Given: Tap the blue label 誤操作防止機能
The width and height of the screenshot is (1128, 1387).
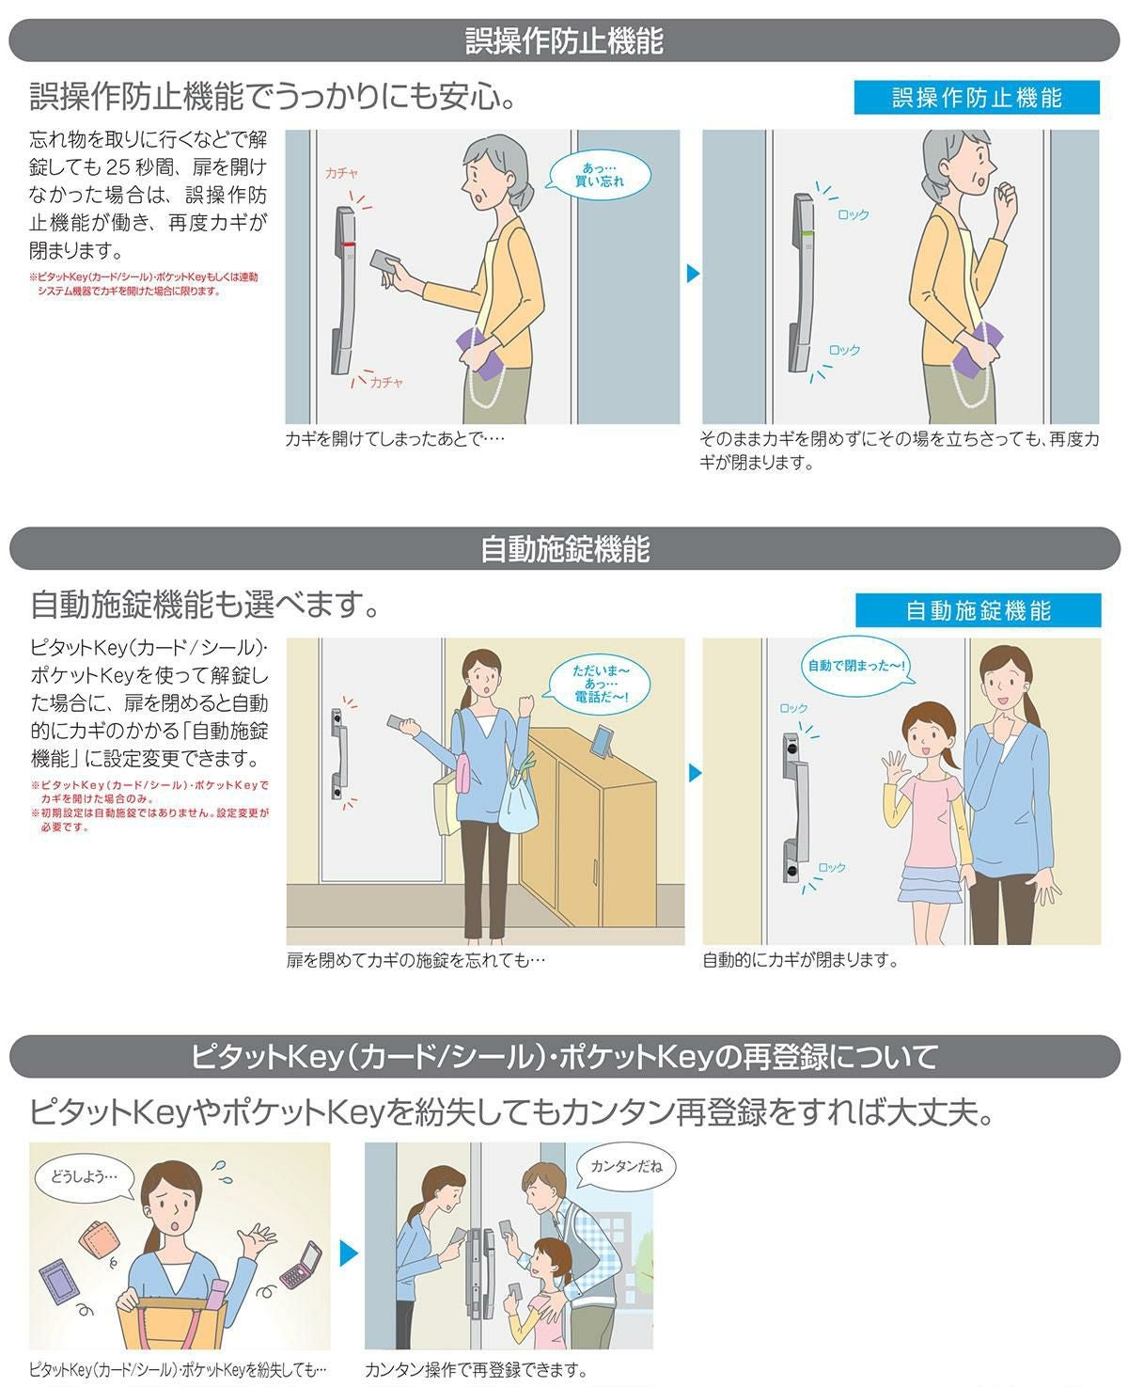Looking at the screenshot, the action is point(977,98).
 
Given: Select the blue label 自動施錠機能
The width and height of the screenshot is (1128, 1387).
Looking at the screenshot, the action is point(978,610).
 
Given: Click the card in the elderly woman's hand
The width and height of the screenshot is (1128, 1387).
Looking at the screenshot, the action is point(385,261).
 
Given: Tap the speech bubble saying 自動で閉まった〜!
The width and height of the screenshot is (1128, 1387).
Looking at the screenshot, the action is point(856,666).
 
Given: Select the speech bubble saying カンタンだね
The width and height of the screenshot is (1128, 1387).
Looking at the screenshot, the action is point(625,1166).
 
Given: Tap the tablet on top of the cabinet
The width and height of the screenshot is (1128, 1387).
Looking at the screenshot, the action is point(603,741).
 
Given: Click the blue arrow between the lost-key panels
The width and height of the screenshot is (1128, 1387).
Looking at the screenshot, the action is point(349,1253).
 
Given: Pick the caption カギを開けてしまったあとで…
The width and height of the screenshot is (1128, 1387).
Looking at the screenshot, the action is point(395,439).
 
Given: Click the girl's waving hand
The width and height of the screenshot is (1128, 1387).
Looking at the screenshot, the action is point(895,764).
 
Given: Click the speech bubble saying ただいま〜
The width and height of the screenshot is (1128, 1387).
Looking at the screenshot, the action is point(600,684).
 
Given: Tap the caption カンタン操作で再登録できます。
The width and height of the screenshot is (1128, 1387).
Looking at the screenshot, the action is point(476,1370).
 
